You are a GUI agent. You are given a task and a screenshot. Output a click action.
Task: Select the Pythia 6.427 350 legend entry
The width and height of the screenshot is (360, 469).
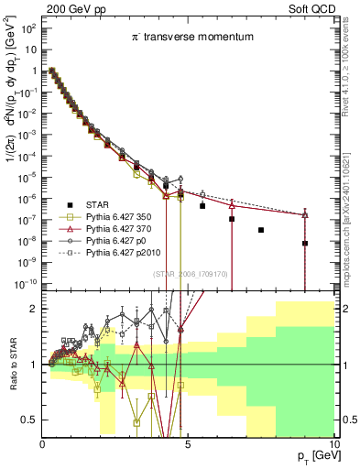tap(120, 215)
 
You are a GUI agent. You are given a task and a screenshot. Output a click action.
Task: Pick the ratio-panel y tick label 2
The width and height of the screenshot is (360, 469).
tap(33, 309)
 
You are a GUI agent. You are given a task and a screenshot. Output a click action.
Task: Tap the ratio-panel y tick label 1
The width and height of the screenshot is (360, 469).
tap(33, 365)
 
